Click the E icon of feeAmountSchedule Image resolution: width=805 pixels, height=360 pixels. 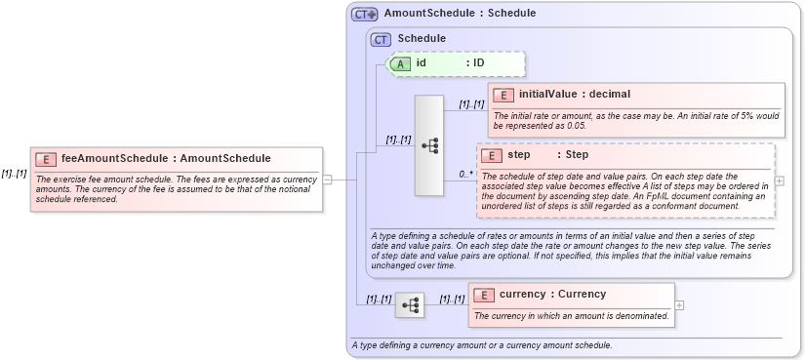(45, 158)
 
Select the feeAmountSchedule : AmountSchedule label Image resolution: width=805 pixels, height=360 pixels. (166, 158)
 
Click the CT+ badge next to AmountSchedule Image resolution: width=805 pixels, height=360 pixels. (365, 15)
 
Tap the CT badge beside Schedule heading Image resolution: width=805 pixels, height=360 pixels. (382, 39)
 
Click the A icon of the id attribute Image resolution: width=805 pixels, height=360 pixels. (401, 63)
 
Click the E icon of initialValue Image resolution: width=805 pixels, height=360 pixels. (503, 95)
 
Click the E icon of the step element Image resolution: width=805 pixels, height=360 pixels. (492, 155)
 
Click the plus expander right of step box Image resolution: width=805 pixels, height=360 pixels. (780, 181)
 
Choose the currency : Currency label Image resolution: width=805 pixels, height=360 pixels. (552, 295)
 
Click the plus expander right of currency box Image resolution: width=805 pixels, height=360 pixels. (680, 304)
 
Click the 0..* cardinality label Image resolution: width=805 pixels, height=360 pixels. (466, 175)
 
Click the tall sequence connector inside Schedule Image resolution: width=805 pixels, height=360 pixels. (429, 145)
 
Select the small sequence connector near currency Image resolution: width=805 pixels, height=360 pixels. (411, 305)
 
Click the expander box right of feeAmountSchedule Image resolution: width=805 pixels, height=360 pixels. (328, 180)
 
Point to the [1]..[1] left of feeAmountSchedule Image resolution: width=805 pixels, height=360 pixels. (14, 174)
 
